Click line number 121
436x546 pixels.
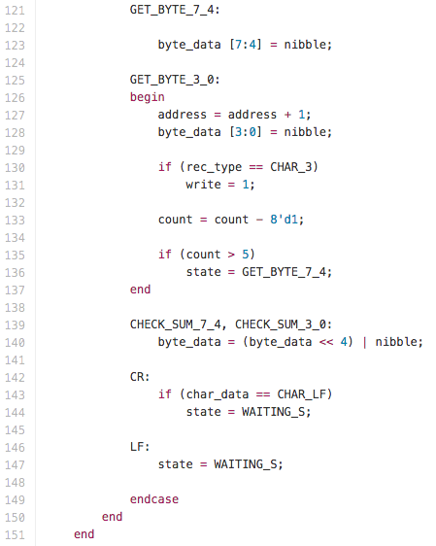15,10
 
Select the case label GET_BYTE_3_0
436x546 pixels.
172,80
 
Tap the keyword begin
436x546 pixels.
148,97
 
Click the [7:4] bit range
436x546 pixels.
245,45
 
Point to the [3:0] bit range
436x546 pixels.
245,132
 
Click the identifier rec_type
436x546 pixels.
214,167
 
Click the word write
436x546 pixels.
203,185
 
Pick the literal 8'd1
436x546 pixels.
284,220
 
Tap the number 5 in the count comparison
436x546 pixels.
246,255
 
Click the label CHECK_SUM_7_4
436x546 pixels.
175,324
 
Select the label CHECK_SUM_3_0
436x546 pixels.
280,324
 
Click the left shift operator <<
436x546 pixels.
326,342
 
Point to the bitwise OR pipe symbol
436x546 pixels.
364,342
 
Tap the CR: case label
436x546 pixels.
140,377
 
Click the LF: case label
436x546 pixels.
140,447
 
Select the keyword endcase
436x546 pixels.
154,499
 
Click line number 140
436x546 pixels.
15,342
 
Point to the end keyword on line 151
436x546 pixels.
84,534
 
